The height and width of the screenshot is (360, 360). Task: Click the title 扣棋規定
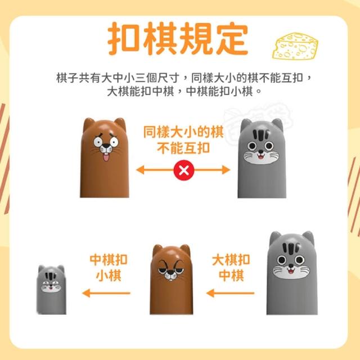pyautogui.click(x=178, y=39)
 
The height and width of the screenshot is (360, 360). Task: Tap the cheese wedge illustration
pyautogui.click(x=295, y=46)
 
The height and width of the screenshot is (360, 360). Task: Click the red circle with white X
pyautogui.click(x=184, y=170)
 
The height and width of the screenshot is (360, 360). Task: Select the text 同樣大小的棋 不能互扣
pyautogui.click(x=183, y=140)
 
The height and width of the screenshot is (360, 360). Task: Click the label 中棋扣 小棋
pyautogui.click(x=109, y=268)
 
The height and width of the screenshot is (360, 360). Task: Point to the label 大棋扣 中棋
pyautogui.click(x=231, y=268)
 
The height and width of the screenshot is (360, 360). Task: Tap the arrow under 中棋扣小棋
pyautogui.click(x=106, y=293)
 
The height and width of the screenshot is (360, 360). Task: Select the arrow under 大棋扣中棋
pyautogui.click(x=230, y=293)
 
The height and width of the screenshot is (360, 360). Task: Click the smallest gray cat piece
pyautogui.click(x=51, y=290)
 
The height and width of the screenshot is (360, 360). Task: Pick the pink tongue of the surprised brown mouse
pyautogui.click(x=106, y=157)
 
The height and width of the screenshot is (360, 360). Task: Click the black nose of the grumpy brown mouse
pyautogui.click(x=170, y=272)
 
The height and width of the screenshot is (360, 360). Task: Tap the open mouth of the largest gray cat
pyautogui.click(x=291, y=271)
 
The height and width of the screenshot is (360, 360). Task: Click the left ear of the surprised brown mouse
pyautogui.click(x=88, y=124)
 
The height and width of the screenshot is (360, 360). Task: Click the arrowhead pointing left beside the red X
pyautogui.click(x=140, y=170)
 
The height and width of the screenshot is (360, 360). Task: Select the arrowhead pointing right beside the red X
pyautogui.click(x=226, y=170)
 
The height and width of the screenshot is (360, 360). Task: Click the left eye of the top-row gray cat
pyautogui.click(x=252, y=146)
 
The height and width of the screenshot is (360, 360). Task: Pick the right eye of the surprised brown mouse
pyautogui.click(x=114, y=142)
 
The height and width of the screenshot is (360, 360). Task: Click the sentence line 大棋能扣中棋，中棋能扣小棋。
pyautogui.click(x=184, y=91)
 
